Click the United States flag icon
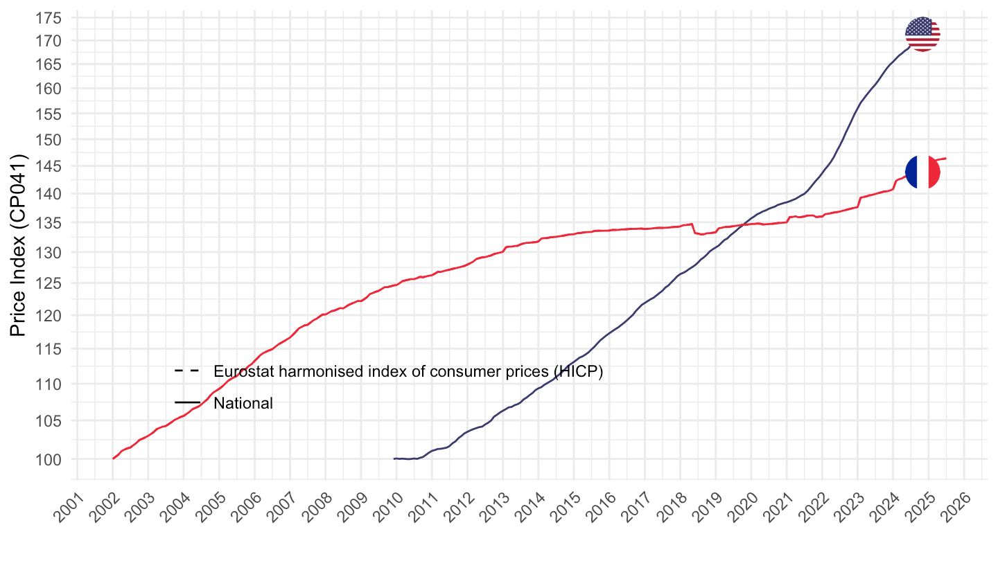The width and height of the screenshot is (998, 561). (922, 34)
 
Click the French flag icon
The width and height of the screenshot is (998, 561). (922, 172)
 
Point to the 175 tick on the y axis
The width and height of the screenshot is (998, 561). (46, 17)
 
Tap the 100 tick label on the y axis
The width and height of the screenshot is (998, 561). (46, 459)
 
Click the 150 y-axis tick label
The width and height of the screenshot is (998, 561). (46, 140)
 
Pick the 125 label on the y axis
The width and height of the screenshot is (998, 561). (46, 284)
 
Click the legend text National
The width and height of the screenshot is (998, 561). (243, 403)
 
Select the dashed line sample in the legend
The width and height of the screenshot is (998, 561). (187, 371)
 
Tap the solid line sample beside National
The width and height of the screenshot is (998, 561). (187, 403)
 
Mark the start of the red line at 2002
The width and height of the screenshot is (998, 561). (113, 458)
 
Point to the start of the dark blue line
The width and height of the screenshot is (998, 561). (394, 458)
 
